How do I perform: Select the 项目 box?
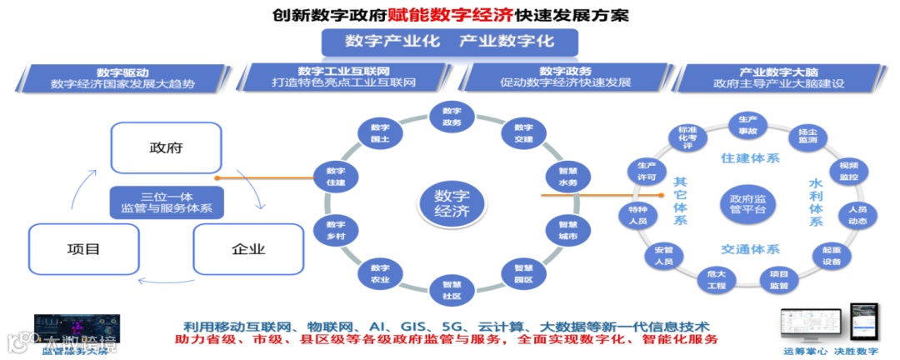[83, 248]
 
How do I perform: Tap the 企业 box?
[247, 248]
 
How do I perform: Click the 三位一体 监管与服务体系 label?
[167, 201]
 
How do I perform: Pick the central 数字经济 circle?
[452, 202]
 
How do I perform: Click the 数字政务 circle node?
[452, 116]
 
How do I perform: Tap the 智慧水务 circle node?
[568, 177]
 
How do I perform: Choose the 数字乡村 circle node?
[336, 230]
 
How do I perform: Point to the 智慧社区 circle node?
[452, 288]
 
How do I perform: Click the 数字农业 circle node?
[380, 272]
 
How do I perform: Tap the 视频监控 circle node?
[848, 171]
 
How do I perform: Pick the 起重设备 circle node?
[831, 254]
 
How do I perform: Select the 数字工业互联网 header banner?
[343, 77]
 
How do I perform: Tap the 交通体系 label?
[750, 249]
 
